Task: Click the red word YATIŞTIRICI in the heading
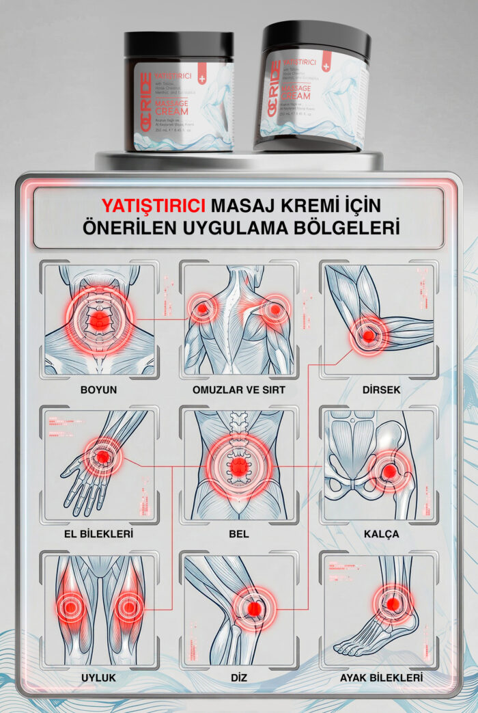pyautogui.click(x=153, y=205)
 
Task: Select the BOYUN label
pyautogui.click(x=99, y=390)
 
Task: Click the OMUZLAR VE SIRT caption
pyautogui.click(x=239, y=390)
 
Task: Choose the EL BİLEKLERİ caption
pyautogui.click(x=99, y=533)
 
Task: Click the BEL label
pyautogui.click(x=239, y=533)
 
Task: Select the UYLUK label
pyautogui.click(x=99, y=677)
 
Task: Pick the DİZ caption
pyautogui.click(x=239, y=677)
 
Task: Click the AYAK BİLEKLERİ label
pyautogui.click(x=381, y=677)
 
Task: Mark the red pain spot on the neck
pyautogui.click(x=100, y=320)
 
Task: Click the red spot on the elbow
pyautogui.click(x=368, y=336)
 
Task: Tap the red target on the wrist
pyautogui.click(x=102, y=457)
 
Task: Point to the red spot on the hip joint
pyautogui.click(x=389, y=471)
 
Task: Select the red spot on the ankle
pyautogui.click(x=392, y=604)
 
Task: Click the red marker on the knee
pyautogui.click(x=254, y=608)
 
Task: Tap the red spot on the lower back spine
pyautogui.click(x=239, y=468)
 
